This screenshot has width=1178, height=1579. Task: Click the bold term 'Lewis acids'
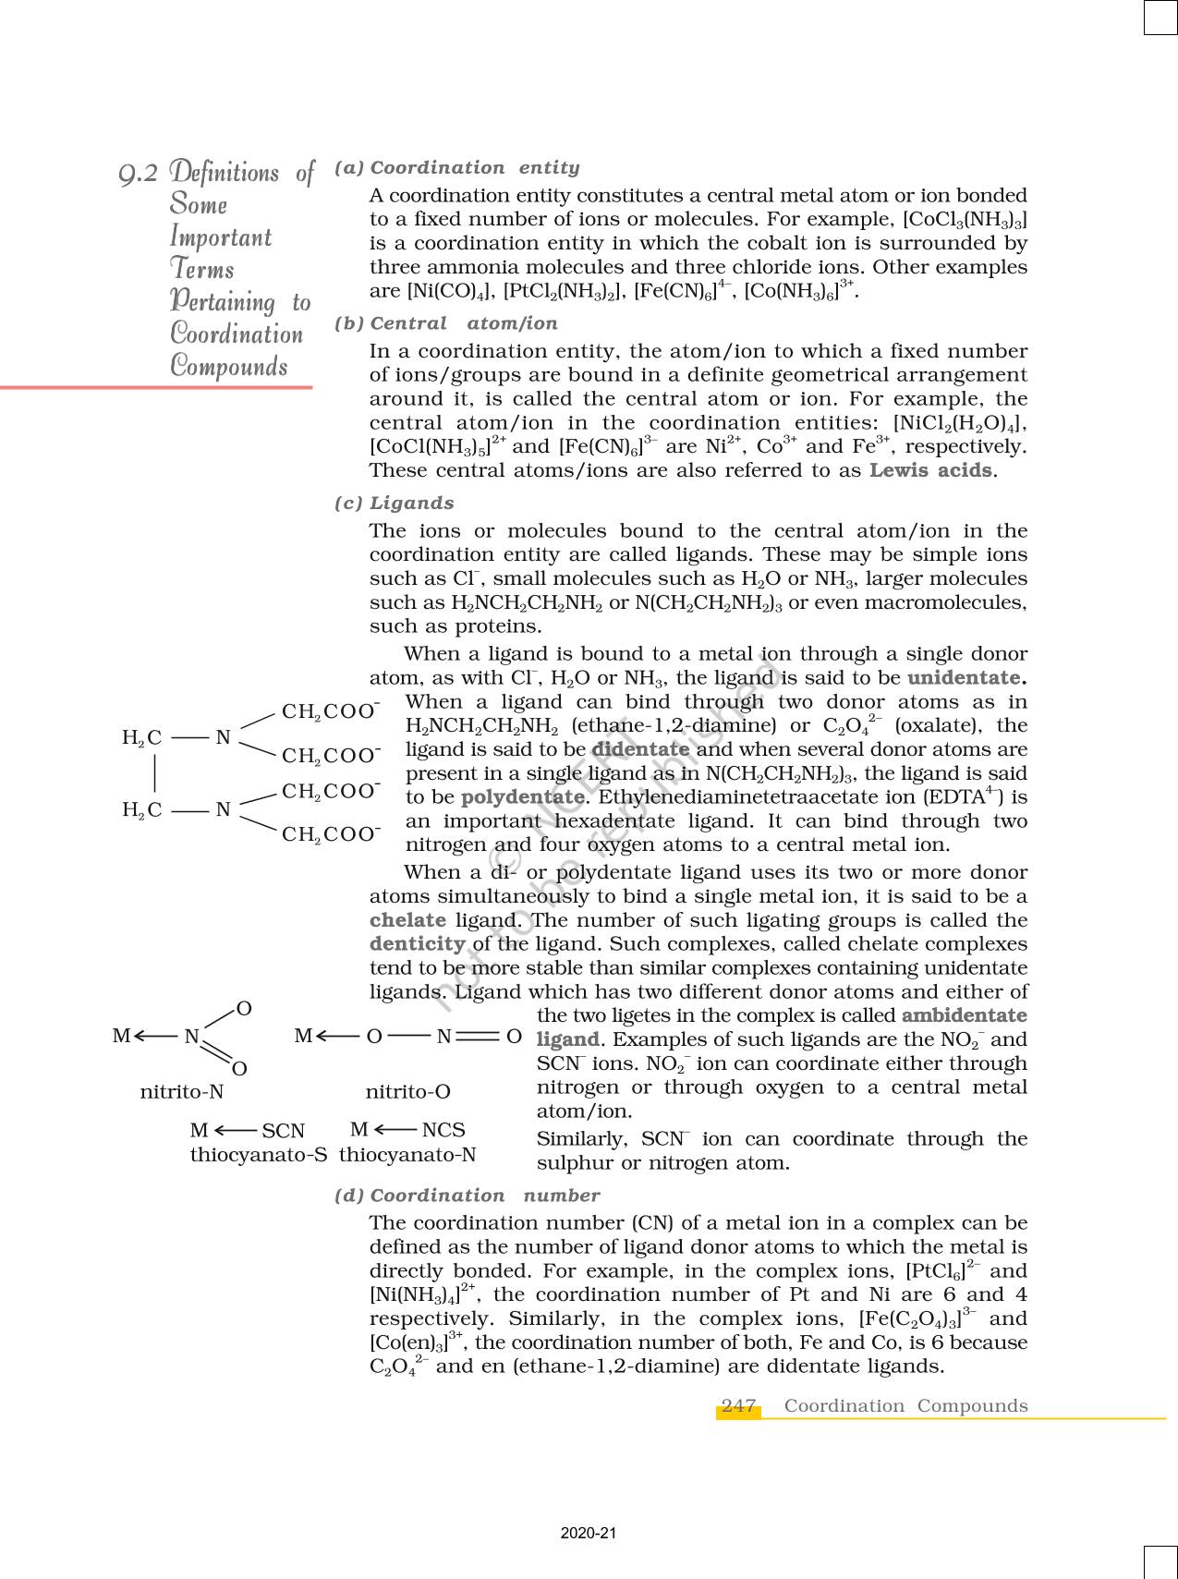click(931, 470)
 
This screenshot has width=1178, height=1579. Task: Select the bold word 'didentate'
click(640, 749)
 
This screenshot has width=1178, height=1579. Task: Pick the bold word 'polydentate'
click(522, 797)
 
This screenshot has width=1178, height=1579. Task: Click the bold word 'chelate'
click(407, 920)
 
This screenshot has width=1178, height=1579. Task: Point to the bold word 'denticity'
click(417, 944)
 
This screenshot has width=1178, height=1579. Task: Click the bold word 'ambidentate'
click(964, 1015)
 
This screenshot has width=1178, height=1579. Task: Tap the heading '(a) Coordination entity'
click(457, 168)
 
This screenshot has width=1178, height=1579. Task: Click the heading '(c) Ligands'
click(395, 504)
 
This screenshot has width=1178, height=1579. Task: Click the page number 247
click(738, 1406)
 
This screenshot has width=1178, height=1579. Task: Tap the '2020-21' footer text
click(589, 1534)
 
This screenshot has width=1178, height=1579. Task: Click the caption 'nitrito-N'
click(182, 1092)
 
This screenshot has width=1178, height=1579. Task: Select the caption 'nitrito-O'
click(407, 1092)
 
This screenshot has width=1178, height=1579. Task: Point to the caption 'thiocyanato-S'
click(259, 1155)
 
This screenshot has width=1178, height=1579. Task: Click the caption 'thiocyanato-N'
click(407, 1155)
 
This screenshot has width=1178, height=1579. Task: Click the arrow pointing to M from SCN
click(235, 1131)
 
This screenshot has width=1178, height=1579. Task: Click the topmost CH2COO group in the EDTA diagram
click(330, 711)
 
